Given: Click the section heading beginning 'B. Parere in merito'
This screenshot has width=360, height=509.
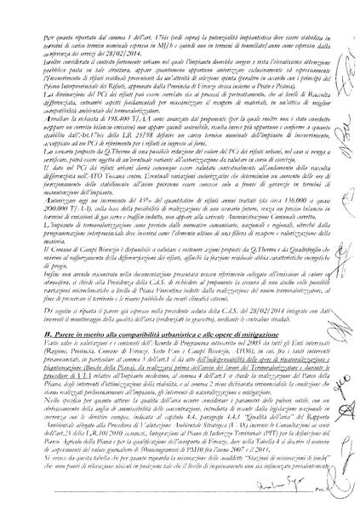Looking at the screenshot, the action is (x=128, y=316).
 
